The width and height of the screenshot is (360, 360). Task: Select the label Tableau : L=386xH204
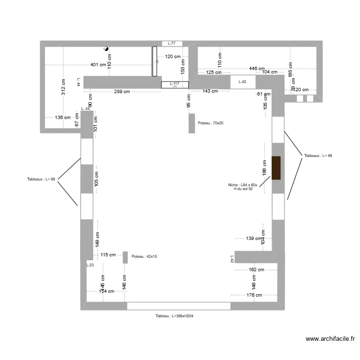pyautogui.click(x=174, y=316)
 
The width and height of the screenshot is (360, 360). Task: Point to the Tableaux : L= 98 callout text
pyautogui.click(x=41, y=180)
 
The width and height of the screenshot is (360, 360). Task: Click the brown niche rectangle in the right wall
pyautogui.click(x=276, y=168)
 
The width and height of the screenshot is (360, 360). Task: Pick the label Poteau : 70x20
pyautogui.click(x=211, y=123)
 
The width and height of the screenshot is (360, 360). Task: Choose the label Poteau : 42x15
pyautogui.click(x=144, y=257)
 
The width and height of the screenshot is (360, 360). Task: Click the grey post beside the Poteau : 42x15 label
pyautogui.click(x=125, y=257)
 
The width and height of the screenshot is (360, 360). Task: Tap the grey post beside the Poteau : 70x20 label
pyautogui.click(x=192, y=123)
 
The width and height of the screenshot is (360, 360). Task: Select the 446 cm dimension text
pyautogui.click(x=257, y=69)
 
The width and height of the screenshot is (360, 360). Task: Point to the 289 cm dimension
pyautogui.click(x=121, y=91)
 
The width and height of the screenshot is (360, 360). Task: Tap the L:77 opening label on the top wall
pyautogui.click(x=171, y=44)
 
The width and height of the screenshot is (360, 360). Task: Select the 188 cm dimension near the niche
pyautogui.click(x=264, y=168)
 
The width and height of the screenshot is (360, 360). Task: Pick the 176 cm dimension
pyautogui.click(x=254, y=295)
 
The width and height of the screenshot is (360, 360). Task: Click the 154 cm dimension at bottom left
pyautogui.click(x=107, y=291)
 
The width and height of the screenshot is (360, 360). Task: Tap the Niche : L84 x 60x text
pyautogui.click(x=242, y=185)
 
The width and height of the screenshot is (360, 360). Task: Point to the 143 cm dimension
pyautogui.click(x=210, y=91)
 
